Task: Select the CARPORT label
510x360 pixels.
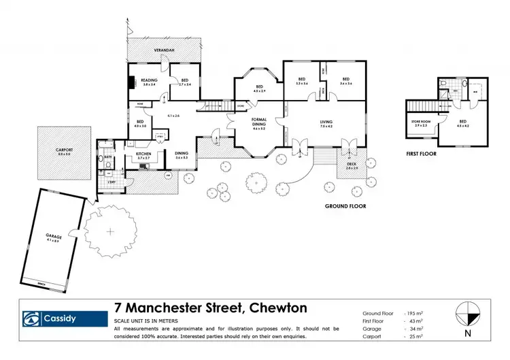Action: (x=64, y=151)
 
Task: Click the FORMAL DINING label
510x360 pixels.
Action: (x=258, y=123)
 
